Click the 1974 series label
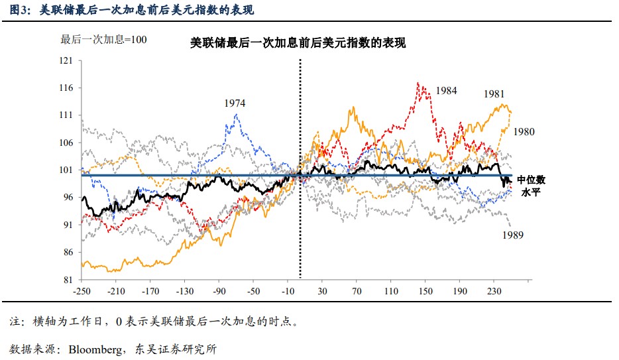click(235, 103)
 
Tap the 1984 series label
click(446, 91)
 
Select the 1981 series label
click(494, 93)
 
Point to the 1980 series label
click(523, 132)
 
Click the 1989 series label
click(513, 235)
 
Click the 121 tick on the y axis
click(66, 60)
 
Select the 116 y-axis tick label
click(66, 88)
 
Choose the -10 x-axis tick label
click(288, 291)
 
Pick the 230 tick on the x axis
click(494, 291)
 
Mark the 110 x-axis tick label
click(391, 291)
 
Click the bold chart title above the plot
click(298, 43)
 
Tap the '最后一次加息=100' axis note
click(103, 39)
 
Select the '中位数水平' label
click(531, 186)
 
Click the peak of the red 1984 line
click(418, 83)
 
